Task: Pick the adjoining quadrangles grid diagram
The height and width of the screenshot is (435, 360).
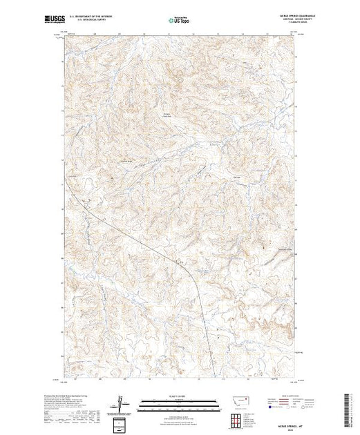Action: (x=240, y=418)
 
